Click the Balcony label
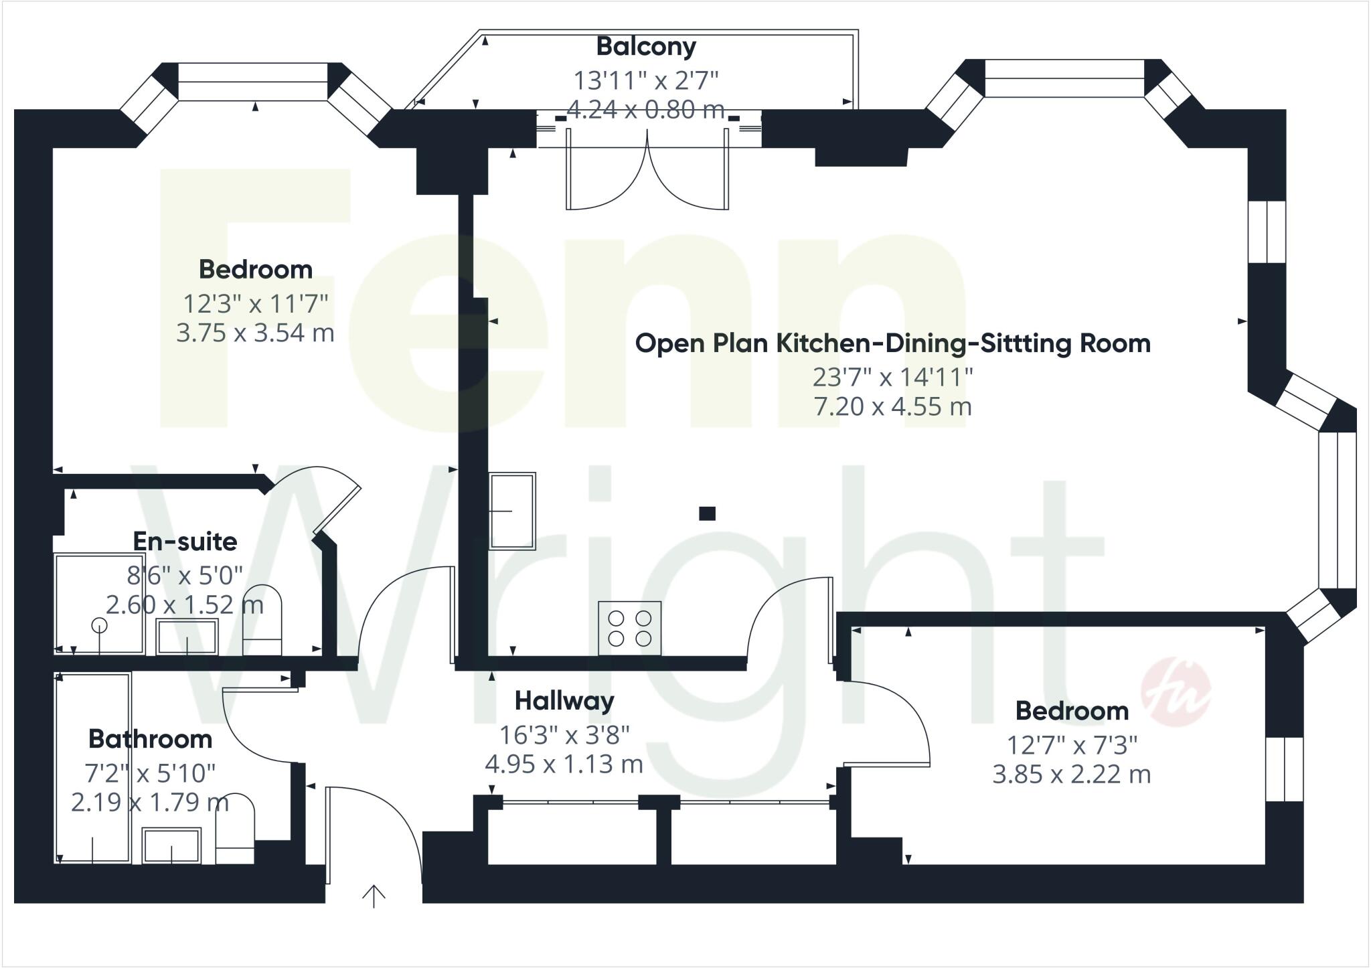(646, 47)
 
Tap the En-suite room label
(185, 541)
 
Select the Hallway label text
(564, 701)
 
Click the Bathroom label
(150, 739)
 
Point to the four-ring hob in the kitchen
(629, 628)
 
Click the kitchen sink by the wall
(512, 511)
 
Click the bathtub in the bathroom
(93, 768)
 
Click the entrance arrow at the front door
(374, 896)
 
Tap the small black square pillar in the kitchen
(707, 513)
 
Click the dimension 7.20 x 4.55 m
(892, 406)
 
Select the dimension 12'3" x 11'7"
(256, 304)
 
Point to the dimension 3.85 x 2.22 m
(1071, 775)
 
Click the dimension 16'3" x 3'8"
(564, 735)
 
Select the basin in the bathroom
(171, 846)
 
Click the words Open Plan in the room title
(702, 343)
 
